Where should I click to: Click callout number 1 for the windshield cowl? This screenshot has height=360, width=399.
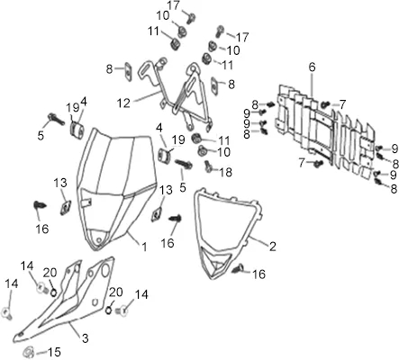[144, 247]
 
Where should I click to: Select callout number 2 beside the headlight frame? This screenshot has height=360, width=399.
[273, 247]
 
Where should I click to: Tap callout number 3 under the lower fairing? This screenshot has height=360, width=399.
[86, 338]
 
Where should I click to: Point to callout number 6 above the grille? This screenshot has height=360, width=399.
[313, 67]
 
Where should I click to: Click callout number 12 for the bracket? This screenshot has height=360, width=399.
[123, 103]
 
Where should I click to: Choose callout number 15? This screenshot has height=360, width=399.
[54, 352]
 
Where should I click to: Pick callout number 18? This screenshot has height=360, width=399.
[225, 172]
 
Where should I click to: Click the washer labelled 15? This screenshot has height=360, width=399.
[29, 351]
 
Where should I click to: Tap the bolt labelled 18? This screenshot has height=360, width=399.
[209, 166]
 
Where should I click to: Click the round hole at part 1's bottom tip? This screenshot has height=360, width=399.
[98, 239]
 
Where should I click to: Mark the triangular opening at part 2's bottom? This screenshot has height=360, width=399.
[217, 265]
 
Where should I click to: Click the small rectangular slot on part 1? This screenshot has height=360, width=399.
[86, 202]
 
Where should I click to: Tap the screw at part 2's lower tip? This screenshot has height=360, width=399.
[238, 268]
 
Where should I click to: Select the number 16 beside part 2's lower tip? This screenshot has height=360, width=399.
[259, 274]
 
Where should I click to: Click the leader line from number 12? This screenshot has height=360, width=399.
[146, 97]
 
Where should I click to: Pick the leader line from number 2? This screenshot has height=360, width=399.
[258, 241]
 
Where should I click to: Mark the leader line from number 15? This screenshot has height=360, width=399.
[41, 352]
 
